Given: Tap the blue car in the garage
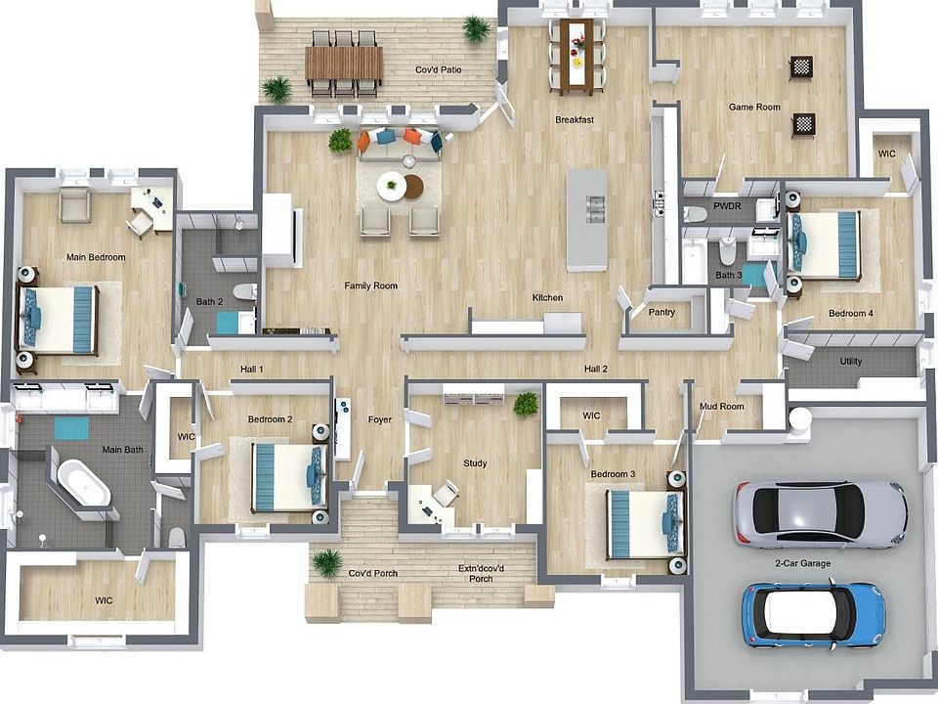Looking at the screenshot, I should pyautogui.click(x=813, y=614).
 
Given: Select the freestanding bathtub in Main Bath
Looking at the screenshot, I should pyautogui.click(x=83, y=484).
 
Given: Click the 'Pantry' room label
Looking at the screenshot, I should pyautogui.click(x=662, y=312).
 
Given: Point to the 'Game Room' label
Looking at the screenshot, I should pyautogui.click(x=754, y=107).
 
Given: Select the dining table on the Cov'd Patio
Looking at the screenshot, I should pyautogui.click(x=343, y=65).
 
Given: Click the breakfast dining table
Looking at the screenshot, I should pyautogui.click(x=576, y=56).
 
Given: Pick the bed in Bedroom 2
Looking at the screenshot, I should pyautogui.click(x=287, y=477).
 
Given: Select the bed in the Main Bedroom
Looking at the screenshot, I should pyautogui.click(x=60, y=319).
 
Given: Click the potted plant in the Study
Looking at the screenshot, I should pyautogui.click(x=526, y=403).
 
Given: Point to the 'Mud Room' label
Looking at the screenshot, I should pyautogui.click(x=721, y=406).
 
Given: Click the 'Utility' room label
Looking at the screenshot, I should pyautogui.click(x=851, y=362).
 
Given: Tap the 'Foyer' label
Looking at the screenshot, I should pyautogui.click(x=380, y=419).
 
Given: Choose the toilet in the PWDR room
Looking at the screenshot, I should pyautogui.click(x=696, y=212).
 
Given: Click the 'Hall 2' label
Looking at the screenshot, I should pyautogui.click(x=596, y=369).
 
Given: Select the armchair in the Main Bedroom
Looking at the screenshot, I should pyautogui.click(x=74, y=205).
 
